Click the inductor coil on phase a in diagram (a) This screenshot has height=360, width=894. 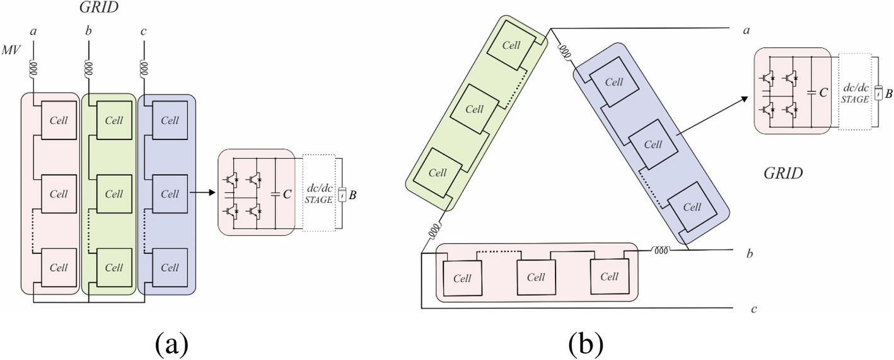click(x=33, y=67)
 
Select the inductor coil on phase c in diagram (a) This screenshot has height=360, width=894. click(x=144, y=67)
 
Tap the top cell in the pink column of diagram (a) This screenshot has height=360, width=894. click(x=59, y=120)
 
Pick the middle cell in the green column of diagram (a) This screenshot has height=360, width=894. click(x=113, y=194)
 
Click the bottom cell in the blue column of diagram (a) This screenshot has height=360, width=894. click(x=169, y=267)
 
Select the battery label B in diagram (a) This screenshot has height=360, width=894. click(x=352, y=195)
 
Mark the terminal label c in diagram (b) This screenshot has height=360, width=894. click(x=753, y=310)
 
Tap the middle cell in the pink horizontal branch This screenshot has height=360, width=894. click(x=536, y=277)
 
